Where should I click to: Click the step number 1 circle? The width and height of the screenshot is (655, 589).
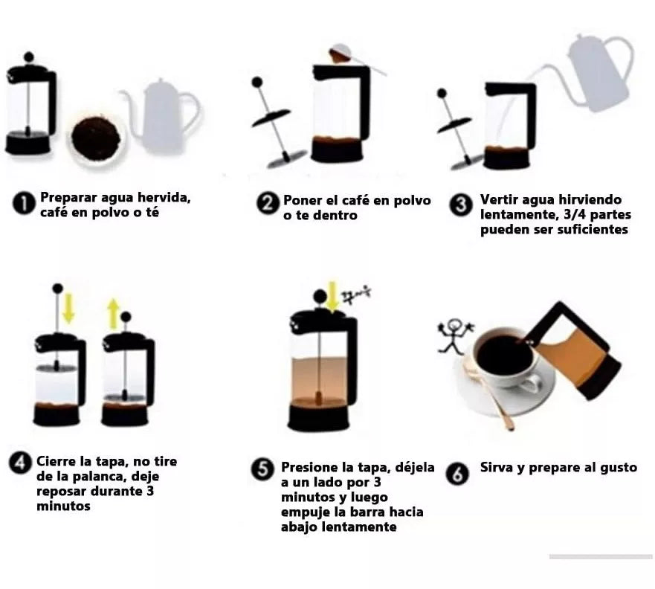(x=24, y=204)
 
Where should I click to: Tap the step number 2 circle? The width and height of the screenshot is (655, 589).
(x=268, y=204)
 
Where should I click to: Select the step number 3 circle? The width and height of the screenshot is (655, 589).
(x=461, y=205)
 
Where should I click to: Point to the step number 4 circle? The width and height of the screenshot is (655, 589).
(x=20, y=463)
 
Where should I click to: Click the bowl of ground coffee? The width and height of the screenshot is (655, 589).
(x=97, y=138)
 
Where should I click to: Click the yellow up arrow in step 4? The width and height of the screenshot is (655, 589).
(x=113, y=313)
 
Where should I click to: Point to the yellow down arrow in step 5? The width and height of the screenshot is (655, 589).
(x=332, y=297)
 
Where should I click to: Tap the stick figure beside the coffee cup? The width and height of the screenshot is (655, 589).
(x=454, y=337)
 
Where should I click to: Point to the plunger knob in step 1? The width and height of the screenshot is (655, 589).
(x=29, y=57)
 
